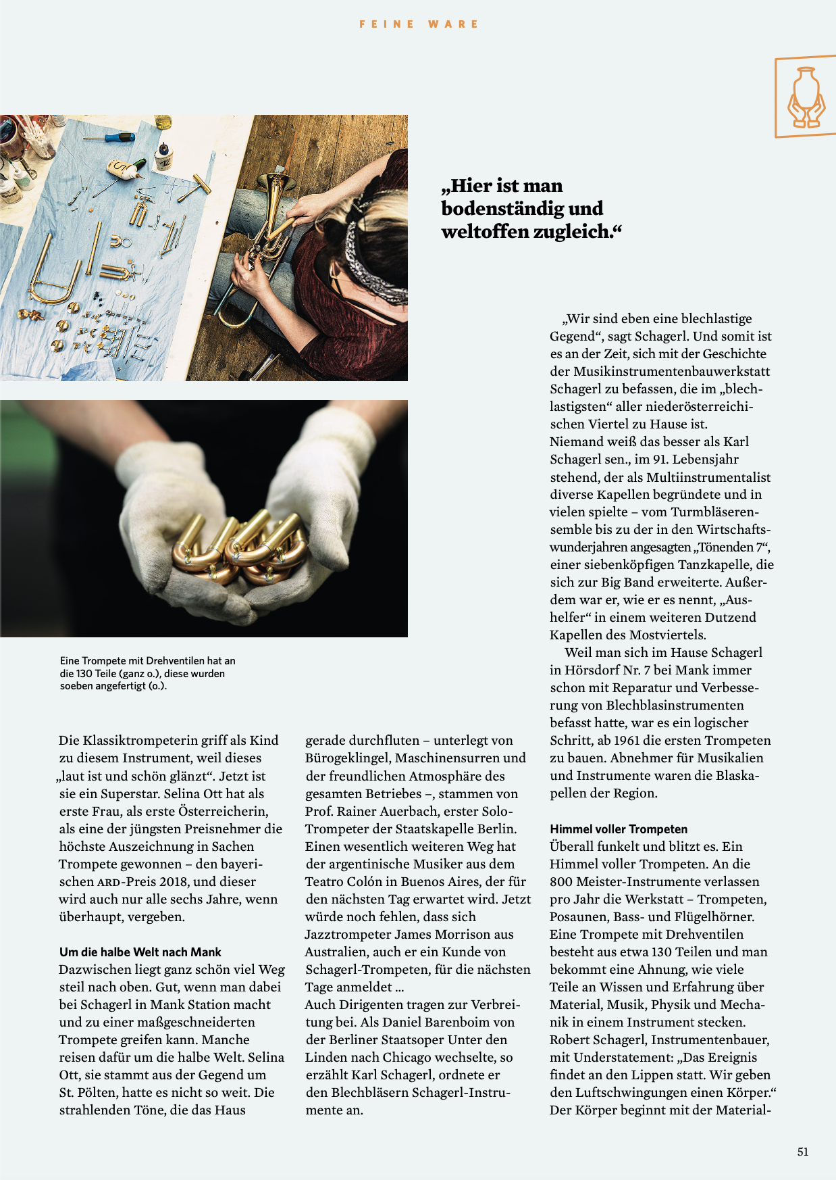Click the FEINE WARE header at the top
point(419,24)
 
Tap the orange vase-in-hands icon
point(806,97)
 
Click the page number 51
point(802,1152)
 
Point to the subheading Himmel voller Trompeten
point(619,829)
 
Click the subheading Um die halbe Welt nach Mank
point(140,952)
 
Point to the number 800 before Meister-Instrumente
point(562,881)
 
